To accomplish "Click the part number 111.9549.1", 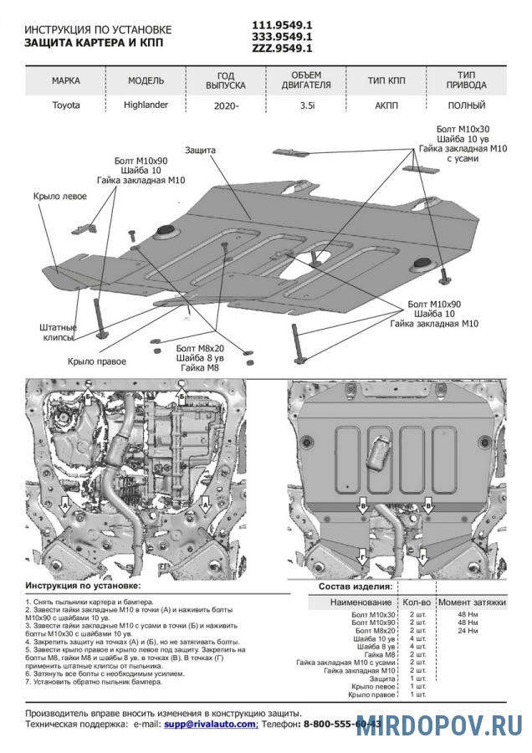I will [283, 24].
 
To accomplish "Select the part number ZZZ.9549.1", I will [283, 49].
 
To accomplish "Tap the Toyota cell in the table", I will [67, 105].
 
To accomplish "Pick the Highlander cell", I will [147, 105].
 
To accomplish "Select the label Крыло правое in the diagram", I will [97, 361].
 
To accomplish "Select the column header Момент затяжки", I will [472, 603].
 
